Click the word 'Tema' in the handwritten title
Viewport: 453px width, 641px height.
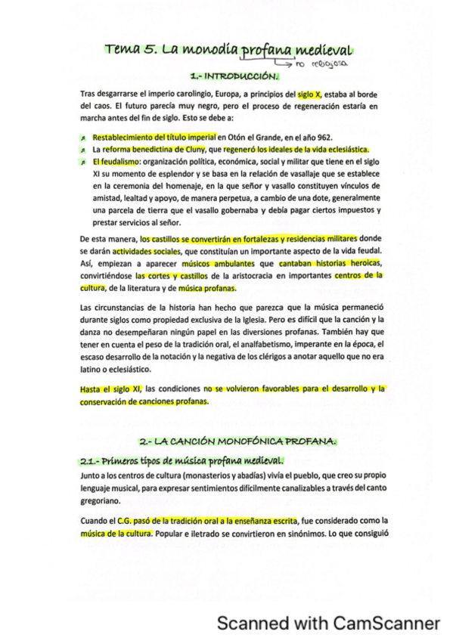click(123, 51)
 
